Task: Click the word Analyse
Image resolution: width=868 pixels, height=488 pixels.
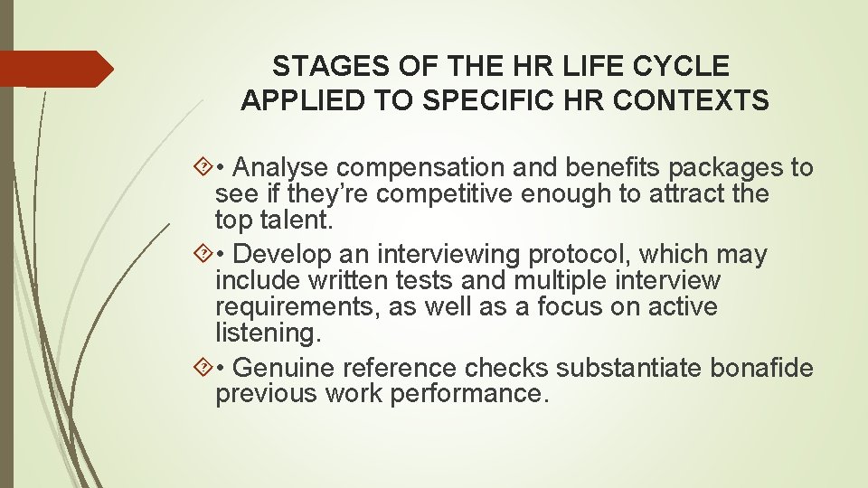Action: coord(287,168)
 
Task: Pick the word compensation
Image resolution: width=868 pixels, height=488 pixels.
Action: coord(423,168)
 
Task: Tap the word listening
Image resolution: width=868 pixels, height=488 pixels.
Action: coord(268,333)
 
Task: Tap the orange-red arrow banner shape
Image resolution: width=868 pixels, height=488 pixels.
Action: coord(54,69)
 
